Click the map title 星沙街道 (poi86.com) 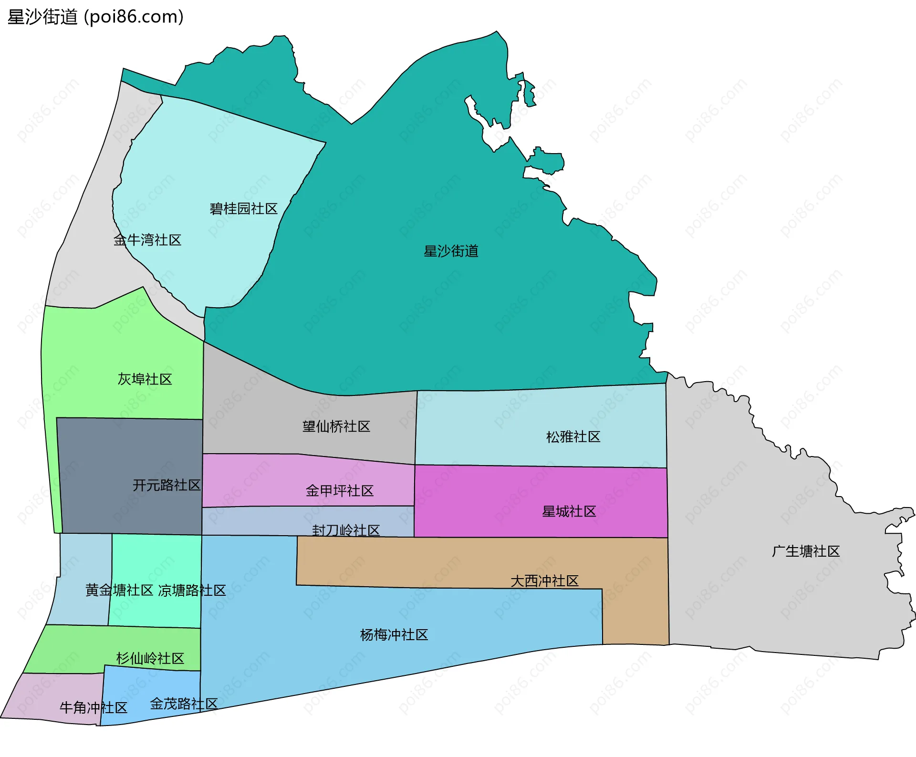(x=95, y=17)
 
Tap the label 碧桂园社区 (x=243, y=209)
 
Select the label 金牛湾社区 (x=147, y=240)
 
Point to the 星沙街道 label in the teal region (x=451, y=251)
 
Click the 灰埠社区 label (x=145, y=379)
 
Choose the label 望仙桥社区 (x=336, y=426)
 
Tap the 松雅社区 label (x=573, y=437)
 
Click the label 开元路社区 (x=167, y=486)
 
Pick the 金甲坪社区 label (x=339, y=491)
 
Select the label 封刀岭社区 (x=346, y=530)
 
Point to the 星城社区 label (x=569, y=512)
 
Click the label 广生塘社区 (x=806, y=551)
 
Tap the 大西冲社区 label (x=544, y=581)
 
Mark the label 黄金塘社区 (x=119, y=591)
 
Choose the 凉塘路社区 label (x=192, y=591)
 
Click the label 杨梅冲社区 (x=394, y=635)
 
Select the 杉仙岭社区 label (x=150, y=659)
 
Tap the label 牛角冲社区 (x=94, y=708)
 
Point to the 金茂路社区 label (x=184, y=704)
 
